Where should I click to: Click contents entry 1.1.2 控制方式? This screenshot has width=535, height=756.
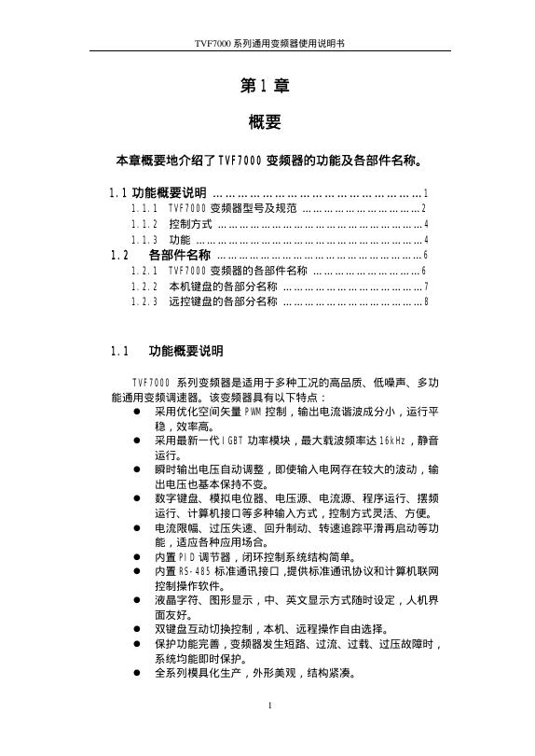pos(190,224)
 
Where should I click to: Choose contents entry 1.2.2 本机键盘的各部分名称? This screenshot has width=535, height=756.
pos(223,287)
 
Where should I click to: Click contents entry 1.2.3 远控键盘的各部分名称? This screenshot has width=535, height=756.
pos(223,301)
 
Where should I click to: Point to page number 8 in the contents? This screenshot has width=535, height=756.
pos(426,301)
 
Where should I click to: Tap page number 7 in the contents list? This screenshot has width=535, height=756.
pos(426,287)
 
